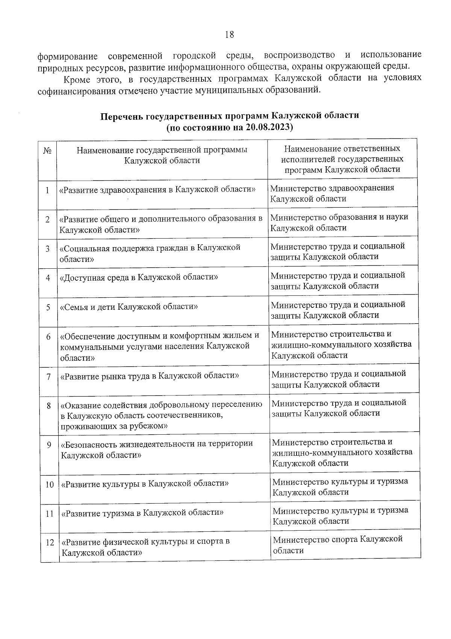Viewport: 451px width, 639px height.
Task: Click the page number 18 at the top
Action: point(229,35)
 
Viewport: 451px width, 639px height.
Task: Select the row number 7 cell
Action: point(49,376)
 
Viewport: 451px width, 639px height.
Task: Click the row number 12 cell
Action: point(50,543)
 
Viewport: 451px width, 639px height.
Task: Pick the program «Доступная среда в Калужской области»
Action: point(139,277)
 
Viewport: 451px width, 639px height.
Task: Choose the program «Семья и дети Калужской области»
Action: point(129,307)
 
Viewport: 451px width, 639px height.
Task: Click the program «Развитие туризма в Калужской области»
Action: point(142,513)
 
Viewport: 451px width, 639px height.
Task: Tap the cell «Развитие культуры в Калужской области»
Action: point(145,483)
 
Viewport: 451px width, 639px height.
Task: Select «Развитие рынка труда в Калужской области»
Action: point(150,376)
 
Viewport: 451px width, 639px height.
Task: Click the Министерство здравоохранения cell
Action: point(332,193)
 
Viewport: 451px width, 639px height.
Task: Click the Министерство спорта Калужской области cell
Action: point(337,544)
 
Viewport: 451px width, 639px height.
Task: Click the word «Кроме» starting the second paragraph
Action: point(77,79)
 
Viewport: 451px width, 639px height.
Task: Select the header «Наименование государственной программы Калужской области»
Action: point(162,155)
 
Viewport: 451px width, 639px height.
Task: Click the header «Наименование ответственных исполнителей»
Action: point(342,159)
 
